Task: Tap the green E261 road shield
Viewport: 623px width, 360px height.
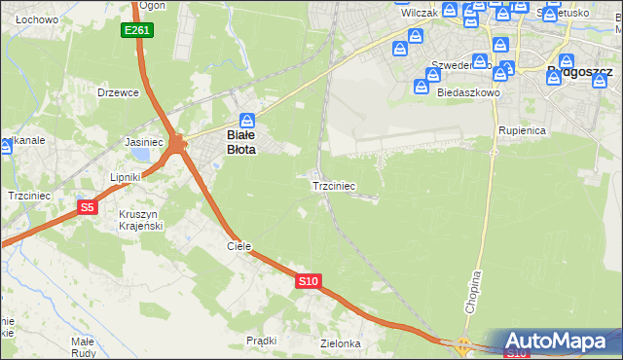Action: click(x=136, y=31)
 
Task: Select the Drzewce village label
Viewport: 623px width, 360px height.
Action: click(x=119, y=92)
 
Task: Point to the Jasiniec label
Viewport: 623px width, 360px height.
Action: click(x=143, y=142)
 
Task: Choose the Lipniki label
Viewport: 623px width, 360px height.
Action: click(x=126, y=177)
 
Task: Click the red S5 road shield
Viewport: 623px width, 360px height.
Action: click(x=88, y=207)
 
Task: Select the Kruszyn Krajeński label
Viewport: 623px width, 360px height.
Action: click(x=139, y=220)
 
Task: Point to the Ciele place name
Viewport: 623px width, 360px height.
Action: click(x=239, y=247)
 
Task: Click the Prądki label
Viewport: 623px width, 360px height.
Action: click(x=262, y=341)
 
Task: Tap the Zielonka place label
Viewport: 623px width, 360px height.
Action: click(x=341, y=343)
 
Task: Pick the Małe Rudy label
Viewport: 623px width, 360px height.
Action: click(x=83, y=347)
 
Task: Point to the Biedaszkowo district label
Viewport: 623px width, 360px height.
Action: click(x=468, y=93)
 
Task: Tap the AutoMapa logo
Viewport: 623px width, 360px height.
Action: click(x=563, y=342)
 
